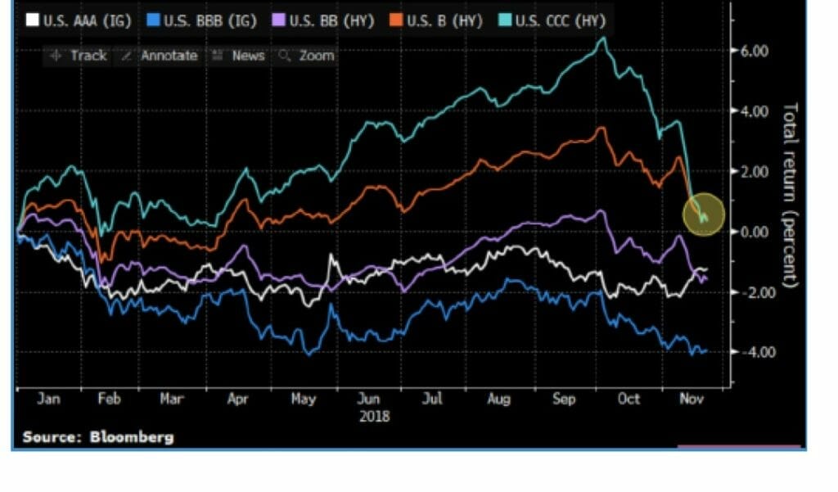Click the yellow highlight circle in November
704,214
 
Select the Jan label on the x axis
48,399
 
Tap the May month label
304,399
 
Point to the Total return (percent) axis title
791,194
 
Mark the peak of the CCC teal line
604,38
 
